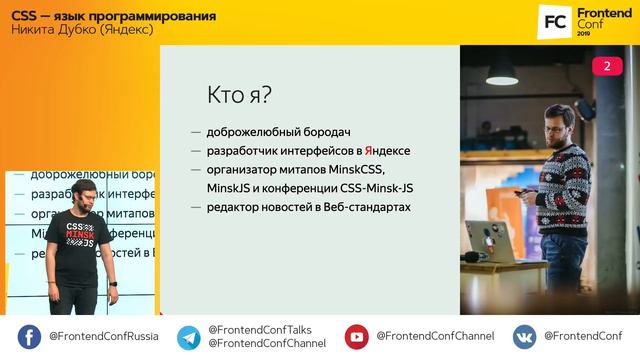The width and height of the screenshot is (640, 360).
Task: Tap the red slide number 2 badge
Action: (x=606, y=66)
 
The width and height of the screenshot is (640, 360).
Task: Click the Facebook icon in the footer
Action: (x=29, y=337)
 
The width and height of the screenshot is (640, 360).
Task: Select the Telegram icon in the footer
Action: (x=188, y=337)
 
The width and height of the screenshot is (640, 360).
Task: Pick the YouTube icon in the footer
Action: (x=356, y=337)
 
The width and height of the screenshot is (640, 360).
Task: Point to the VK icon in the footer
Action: (x=524, y=337)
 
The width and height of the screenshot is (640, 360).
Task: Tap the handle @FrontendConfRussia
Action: (x=103, y=337)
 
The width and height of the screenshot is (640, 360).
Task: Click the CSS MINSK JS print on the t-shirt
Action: (x=80, y=235)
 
